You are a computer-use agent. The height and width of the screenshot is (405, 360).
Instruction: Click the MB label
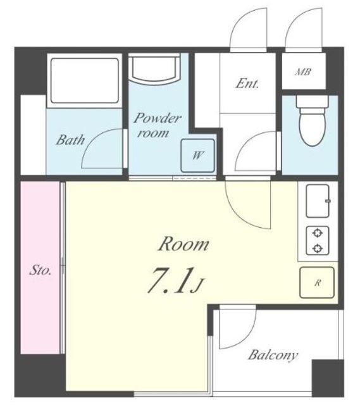point(303,72)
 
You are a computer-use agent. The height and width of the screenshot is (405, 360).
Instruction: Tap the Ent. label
point(247,84)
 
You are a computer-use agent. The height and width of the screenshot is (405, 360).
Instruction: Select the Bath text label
point(70,140)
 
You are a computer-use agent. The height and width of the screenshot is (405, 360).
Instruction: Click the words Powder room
point(157,125)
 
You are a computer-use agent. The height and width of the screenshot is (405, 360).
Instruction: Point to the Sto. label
point(40,270)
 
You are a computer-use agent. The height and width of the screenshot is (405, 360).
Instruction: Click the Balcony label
point(273,355)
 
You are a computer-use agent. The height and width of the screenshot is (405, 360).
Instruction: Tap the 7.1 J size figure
point(176,281)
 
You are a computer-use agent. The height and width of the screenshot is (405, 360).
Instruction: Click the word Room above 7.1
point(183,244)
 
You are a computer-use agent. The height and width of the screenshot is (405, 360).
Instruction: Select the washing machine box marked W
point(197,156)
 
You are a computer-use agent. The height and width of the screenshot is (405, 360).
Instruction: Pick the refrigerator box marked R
point(317,282)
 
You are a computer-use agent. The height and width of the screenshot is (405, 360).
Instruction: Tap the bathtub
point(84,81)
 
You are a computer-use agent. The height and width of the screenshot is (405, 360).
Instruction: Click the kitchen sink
point(318,201)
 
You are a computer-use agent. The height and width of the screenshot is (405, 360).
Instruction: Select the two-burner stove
point(318,240)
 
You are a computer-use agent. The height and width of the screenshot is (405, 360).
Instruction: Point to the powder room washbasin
point(154,68)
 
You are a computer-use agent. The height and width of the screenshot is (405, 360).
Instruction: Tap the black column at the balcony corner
point(328,378)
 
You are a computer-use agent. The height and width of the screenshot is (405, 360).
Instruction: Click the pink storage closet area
point(40,268)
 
